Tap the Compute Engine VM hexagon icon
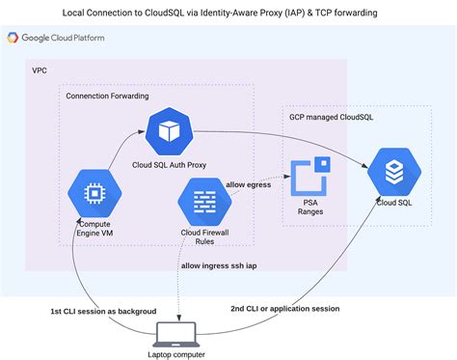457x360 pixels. (x=94, y=193)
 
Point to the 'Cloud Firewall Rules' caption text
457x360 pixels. (x=204, y=237)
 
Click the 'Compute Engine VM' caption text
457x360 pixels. (x=94, y=230)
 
